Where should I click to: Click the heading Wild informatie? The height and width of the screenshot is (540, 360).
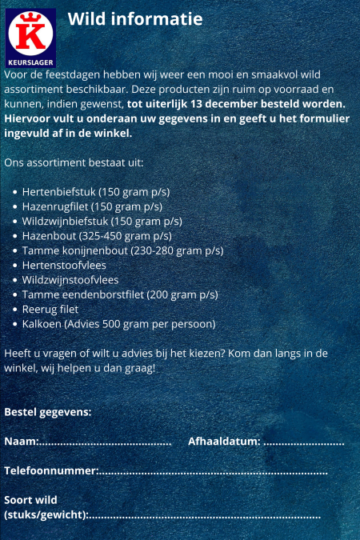(134, 19)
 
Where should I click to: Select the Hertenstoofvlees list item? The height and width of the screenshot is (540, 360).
(64, 265)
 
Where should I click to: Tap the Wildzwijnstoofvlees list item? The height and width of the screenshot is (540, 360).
(70, 280)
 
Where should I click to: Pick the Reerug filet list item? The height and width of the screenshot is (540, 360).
(50, 309)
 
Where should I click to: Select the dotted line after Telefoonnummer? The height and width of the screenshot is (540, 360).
(213, 472)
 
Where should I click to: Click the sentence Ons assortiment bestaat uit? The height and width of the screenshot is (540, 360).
(74, 162)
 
